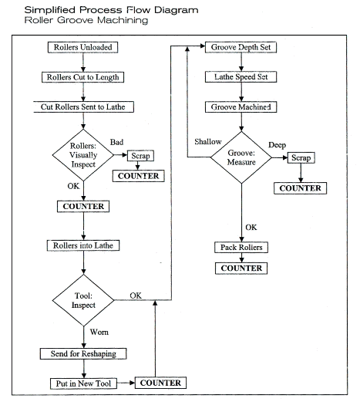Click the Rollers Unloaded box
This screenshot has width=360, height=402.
point(82,47)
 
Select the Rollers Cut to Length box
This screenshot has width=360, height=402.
point(82,77)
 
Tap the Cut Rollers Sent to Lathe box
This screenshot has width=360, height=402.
point(83,106)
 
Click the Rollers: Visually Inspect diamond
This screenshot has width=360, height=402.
point(83,155)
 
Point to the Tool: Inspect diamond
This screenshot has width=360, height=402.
point(83,300)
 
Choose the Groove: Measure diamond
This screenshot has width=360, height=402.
point(241,157)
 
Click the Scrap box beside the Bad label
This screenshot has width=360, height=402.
point(140,156)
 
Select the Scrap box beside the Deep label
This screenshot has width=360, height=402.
point(301,157)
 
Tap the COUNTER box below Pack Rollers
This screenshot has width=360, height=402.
point(241,269)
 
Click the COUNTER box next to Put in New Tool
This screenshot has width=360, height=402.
point(160,383)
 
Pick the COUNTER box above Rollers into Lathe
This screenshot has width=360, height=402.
point(83,206)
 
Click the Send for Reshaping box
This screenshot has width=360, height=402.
point(83,353)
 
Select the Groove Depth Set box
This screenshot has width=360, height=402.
point(241,47)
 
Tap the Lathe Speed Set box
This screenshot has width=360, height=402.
point(241,77)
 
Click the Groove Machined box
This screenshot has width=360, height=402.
point(241,107)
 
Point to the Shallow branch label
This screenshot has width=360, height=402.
point(208,141)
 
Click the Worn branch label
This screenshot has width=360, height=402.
point(99,332)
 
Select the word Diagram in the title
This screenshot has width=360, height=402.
point(177,10)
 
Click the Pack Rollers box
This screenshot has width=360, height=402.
point(241,247)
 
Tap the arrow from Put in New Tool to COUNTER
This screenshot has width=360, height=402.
point(126,383)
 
